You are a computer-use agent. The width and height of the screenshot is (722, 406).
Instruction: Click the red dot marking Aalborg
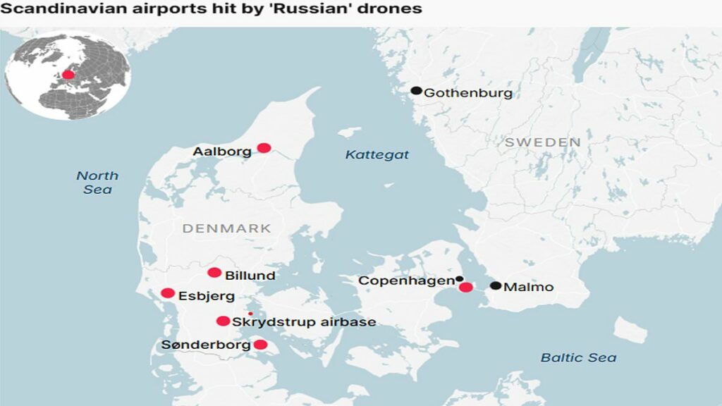click(264, 147)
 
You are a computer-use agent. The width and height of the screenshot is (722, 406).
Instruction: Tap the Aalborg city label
click(222, 152)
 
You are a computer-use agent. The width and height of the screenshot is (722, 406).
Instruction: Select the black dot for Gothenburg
click(417, 91)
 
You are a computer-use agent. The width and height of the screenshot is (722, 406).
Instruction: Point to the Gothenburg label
click(468, 93)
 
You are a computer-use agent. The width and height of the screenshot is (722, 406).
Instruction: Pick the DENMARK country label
click(226, 228)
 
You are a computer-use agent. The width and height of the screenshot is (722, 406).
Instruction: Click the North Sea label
click(97, 183)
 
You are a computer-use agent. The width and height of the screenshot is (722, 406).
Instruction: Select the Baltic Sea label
click(578, 357)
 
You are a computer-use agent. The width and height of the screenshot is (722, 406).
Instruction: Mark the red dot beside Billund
click(214, 273)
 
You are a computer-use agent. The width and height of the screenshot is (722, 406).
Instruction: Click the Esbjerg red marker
click(168, 293)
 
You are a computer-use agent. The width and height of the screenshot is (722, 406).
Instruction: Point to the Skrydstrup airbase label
click(304, 322)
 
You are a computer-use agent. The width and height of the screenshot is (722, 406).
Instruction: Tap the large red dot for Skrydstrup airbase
click(223, 321)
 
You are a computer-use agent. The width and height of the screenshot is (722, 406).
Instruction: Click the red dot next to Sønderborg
click(260, 345)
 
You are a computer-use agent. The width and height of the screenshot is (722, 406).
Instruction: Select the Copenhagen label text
click(405, 281)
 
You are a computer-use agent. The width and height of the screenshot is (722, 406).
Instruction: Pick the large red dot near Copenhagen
click(465, 287)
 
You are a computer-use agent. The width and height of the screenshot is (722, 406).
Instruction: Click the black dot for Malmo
click(496, 285)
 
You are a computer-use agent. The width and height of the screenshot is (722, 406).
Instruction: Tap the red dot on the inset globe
click(68, 74)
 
